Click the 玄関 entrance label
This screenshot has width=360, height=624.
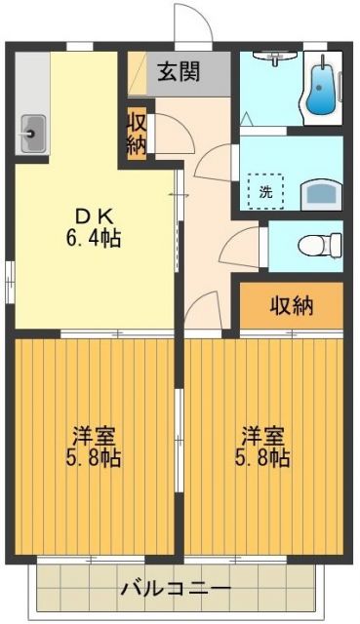tap(180, 72)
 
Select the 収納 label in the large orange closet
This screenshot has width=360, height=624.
tap(292, 305)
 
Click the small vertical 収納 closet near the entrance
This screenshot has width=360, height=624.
tap(136, 134)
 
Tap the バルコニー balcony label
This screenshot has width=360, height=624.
tap(177, 589)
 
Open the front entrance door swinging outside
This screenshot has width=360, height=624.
tap(193, 21)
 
